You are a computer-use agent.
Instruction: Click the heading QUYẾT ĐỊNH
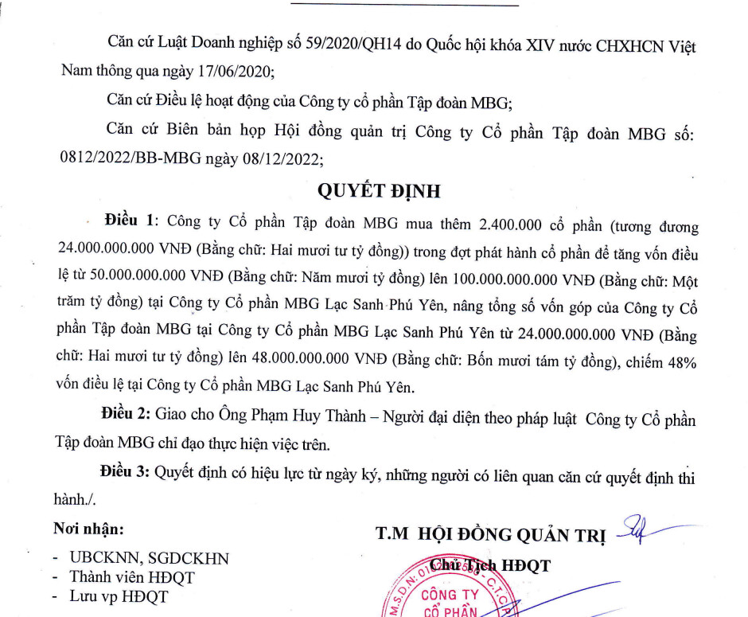(378, 192)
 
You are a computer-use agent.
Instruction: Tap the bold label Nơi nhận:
(89, 529)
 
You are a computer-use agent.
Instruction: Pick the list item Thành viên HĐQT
(132, 577)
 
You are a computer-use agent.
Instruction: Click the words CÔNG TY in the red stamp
(450, 595)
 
